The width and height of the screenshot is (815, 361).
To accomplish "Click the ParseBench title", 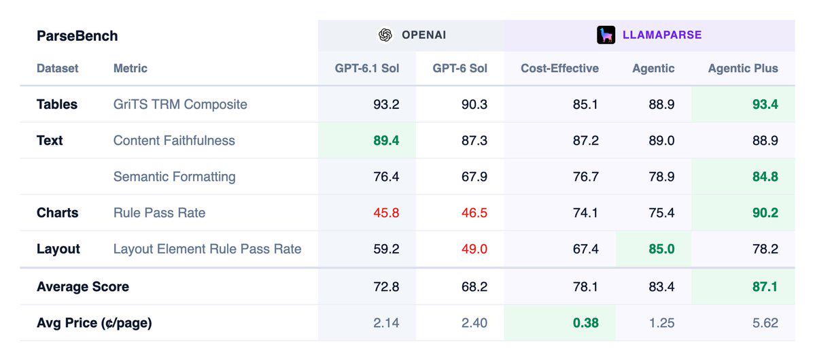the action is click(x=77, y=36).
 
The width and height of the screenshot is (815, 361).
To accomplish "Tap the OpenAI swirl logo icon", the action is click(x=385, y=35).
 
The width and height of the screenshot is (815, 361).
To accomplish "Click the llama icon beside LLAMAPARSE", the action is click(x=606, y=35).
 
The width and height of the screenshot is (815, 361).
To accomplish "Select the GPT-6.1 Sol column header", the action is click(x=367, y=68).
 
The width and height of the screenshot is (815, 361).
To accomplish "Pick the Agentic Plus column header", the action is click(x=743, y=68).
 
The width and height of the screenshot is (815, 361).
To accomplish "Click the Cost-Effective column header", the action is click(x=559, y=68).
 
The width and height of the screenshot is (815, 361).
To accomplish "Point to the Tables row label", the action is click(x=57, y=104).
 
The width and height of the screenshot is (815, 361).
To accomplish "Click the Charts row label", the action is click(x=57, y=213).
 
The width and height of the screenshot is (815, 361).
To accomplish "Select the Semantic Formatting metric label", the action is click(x=174, y=177).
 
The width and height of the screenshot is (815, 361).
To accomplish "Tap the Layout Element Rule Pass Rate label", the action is click(x=207, y=249).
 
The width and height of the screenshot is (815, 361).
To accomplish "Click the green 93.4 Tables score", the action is click(x=765, y=105).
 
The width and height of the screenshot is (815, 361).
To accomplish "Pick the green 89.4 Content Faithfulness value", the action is click(x=386, y=141).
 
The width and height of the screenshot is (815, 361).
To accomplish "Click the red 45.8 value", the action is click(x=386, y=213).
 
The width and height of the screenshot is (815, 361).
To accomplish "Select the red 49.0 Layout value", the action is click(x=474, y=249).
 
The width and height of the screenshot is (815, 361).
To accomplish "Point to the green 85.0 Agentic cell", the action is click(x=661, y=249).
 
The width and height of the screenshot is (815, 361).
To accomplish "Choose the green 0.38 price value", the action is click(x=586, y=323).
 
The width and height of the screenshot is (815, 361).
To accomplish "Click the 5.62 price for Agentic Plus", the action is click(x=765, y=323).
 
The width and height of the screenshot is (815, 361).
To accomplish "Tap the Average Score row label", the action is click(x=83, y=287).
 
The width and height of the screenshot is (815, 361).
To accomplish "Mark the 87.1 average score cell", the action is click(x=765, y=287).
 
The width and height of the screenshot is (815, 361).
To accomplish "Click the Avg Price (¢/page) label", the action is click(x=94, y=323).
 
